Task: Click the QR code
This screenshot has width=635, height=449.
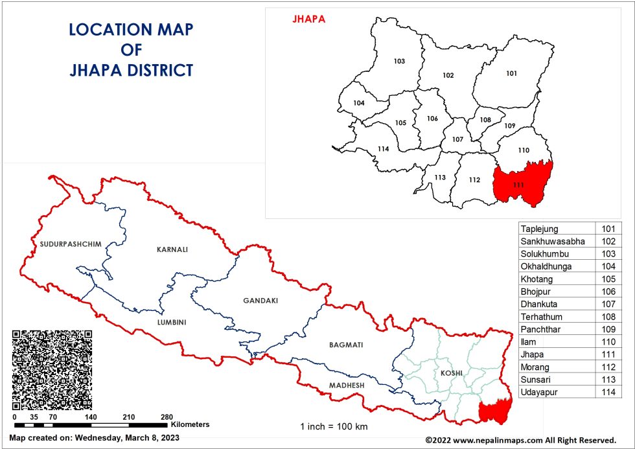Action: point(52,369)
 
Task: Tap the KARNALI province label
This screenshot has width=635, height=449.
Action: point(172,249)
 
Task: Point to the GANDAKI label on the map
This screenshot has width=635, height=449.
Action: point(260,301)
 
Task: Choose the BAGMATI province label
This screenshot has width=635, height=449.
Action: point(345,345)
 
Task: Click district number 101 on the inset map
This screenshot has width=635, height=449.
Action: point(511,73)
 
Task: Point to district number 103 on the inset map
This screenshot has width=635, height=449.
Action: point(399,62)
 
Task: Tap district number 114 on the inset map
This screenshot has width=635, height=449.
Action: point(383,149)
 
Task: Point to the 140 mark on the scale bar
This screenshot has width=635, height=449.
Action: point(91,417)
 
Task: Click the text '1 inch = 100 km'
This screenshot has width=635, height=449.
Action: point(334,427)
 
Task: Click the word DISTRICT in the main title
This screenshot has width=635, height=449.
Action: point(155,70)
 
